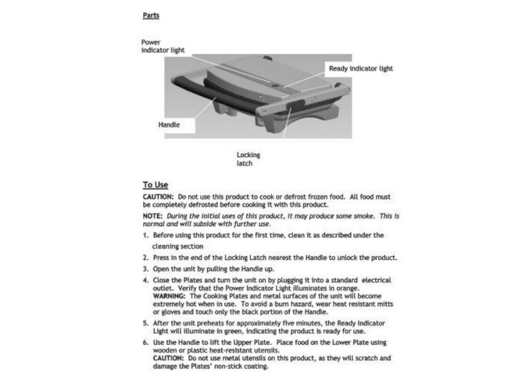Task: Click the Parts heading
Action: click(x=151, y=15)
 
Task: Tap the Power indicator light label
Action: click(x=162, y=46)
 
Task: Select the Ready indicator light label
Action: click(x=361, y=68)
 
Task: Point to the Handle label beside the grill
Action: click(x=169, y=124)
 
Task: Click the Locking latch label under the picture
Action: click(x=248, y=159)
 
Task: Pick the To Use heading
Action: click(x=155, y=185)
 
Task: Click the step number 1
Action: click(x=146, y=235)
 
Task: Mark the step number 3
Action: click(x=146, y=269)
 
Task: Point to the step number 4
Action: click(x=146, y=280)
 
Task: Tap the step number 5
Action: click(x=146, y=323)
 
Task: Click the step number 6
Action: click(x=146, y=342)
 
